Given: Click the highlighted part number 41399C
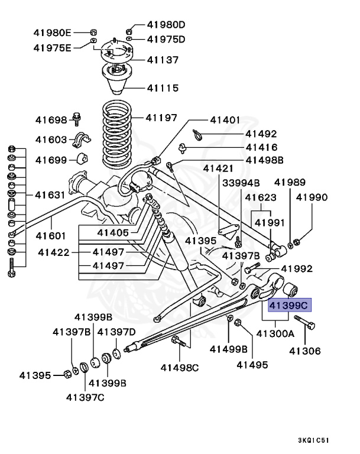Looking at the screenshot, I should pyautogui.click(x=288, y=306).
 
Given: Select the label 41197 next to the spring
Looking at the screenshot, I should pyautogui.click(x=161, y=118).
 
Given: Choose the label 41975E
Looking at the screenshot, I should pyautogui.click(x=52, y=47).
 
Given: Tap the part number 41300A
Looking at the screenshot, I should pyautogui.click(x=275, y=334).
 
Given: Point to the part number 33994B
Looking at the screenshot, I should pyautogui.click(x=241, y=183).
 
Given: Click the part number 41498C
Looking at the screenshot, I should pyautogui.click(x=180, y=367).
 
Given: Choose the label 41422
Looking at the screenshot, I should pyautogui.click(x=54, y=252).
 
